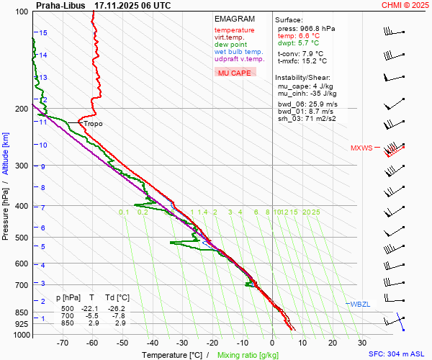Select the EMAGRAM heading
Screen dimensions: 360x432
[234, 19]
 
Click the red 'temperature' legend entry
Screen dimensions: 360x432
[234, 30]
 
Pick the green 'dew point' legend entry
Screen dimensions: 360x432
[230, 45]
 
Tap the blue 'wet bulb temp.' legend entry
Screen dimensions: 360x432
[238, 52]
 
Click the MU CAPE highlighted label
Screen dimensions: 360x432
[235, 73]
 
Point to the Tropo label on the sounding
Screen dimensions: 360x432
[93, 124]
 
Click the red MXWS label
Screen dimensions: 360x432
[361, 148]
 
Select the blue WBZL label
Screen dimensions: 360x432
[359, 305]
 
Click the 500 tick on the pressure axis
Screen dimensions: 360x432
[22, 238]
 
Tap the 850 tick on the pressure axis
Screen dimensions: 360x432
[22, 312]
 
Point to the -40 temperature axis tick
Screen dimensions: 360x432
[152, 343]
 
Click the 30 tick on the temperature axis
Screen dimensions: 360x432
[362, 343]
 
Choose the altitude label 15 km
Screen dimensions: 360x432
[43, 33]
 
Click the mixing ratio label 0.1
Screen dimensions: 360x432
[124, 212]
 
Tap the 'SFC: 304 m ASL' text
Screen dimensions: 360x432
[397, 354]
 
